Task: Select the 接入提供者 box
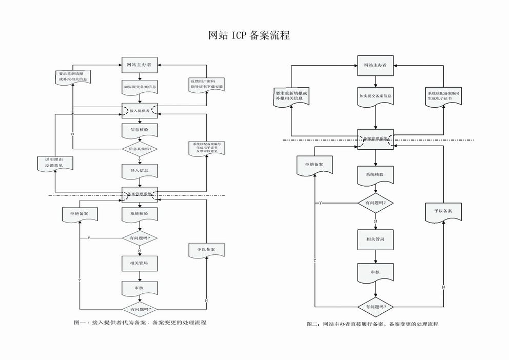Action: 140,110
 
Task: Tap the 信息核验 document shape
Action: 140,130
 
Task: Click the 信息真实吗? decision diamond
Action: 140,149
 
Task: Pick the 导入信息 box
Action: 140,170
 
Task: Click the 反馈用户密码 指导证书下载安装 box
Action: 207,84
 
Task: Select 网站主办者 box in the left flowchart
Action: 140,65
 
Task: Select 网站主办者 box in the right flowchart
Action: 375,65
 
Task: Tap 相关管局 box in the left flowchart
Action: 140,263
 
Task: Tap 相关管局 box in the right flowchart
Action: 375,239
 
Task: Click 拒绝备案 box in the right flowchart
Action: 314,164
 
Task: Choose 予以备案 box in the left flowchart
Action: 206,250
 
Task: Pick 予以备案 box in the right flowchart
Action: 443,211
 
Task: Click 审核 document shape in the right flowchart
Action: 375,272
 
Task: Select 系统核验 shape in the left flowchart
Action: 140,214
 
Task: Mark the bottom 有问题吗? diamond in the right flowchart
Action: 375,307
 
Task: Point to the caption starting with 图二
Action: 373,324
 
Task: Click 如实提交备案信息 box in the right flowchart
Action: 375,96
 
